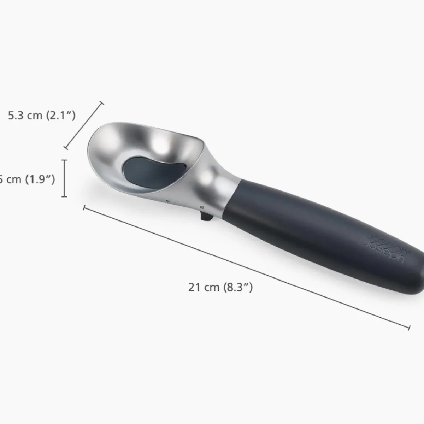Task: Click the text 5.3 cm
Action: tap(25, 116)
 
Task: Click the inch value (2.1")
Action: tap(61, 116)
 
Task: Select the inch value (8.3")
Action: tap(238, 287)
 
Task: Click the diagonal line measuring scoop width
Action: tap(83, 125)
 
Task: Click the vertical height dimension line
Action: tap(64, 178)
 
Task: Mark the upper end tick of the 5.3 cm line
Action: tap(102, 103)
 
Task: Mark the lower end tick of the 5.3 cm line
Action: tap(65, 148)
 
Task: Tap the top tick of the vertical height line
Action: tap(64, 160)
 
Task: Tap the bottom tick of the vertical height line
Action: tap(64, 196)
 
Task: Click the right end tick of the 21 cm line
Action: tap(409, 328)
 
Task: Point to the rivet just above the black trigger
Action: tap(202, 208)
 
